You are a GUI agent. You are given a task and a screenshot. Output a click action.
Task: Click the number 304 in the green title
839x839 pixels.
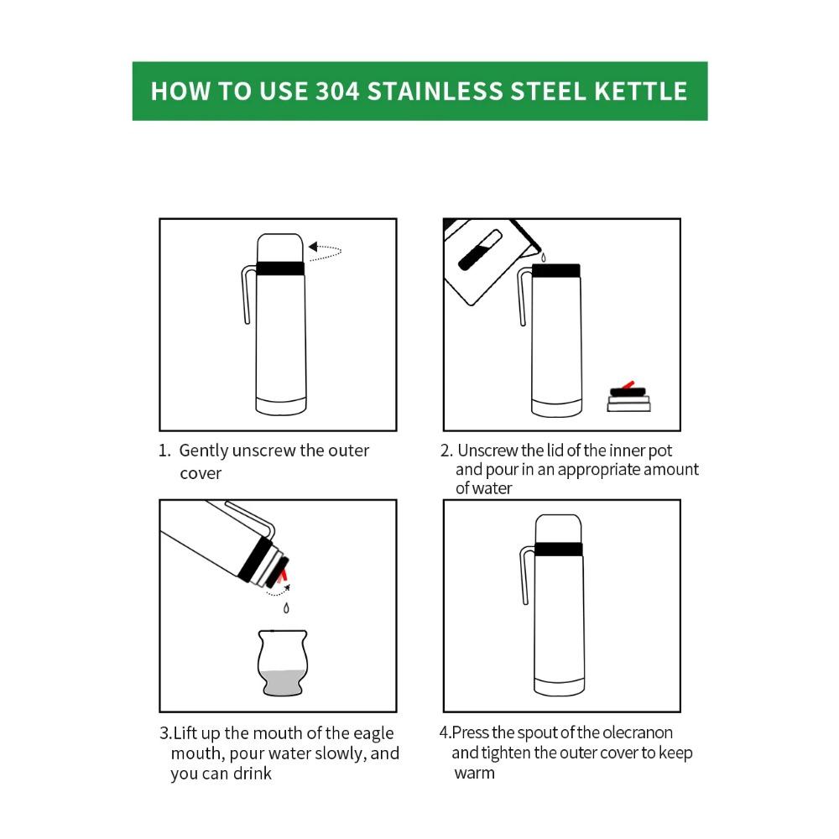(x=337, y=91)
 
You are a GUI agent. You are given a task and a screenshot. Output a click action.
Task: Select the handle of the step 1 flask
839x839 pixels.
(x=247, y=294)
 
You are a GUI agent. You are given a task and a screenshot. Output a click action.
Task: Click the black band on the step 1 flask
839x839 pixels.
(x=280, y=268)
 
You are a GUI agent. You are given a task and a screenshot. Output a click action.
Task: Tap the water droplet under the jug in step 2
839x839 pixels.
(x=541, y=258)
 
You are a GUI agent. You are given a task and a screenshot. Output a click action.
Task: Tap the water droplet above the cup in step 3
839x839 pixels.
(x=285, y=607)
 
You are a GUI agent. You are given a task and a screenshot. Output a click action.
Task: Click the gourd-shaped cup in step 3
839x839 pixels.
(x=283, y=663)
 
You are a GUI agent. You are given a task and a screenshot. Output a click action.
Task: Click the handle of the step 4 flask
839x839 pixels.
(x=525, y=574)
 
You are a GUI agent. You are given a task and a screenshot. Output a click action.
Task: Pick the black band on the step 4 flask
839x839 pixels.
(x=558, y=550)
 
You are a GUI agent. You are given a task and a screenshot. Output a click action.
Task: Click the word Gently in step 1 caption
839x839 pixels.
(x=203, y=451)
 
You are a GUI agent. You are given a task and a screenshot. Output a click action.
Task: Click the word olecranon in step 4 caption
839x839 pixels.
(x=638, y=733)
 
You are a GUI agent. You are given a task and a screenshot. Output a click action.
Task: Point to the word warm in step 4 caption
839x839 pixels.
(x=474, y=773)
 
